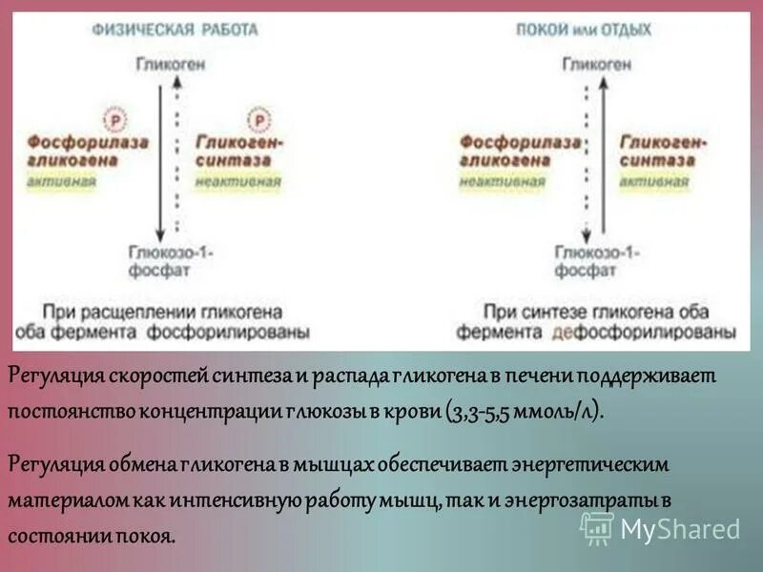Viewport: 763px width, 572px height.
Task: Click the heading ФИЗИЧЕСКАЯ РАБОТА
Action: [175, 30]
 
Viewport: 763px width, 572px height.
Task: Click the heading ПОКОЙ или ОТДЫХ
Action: [583, 30]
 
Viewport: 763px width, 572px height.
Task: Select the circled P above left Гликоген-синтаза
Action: [258, 119]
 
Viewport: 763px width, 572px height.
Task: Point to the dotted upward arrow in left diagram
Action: [176, 153]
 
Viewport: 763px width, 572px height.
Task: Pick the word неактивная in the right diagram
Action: [501, 181]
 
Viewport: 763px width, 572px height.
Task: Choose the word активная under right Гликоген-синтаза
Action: [650, 181]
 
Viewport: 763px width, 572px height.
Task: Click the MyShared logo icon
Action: [598, 527]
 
